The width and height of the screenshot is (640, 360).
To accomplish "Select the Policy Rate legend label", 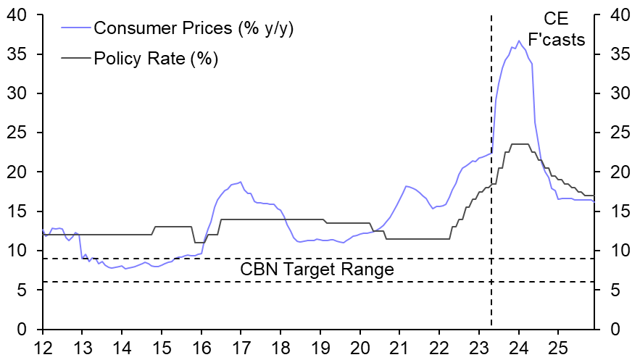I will [x=156, y=57].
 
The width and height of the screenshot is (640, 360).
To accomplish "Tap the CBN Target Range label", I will [x=317, y=270].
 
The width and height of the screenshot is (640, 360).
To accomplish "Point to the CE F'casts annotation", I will [x=557, y=29].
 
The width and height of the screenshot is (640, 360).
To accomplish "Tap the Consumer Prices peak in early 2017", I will [x=241, y=182].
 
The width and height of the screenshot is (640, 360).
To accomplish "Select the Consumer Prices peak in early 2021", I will [x=406, y=186].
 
